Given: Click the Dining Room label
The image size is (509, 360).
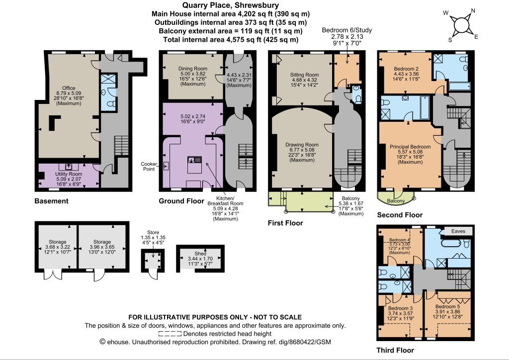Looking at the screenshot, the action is click(192, 69).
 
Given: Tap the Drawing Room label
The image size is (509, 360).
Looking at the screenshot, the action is click(302, 145).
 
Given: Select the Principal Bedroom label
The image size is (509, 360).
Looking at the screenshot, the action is click(410, 147).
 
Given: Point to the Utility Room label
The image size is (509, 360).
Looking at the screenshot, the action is click(69, 174).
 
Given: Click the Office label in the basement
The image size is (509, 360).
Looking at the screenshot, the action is click(69, 88).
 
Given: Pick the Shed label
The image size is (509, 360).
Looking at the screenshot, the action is click(200, 254).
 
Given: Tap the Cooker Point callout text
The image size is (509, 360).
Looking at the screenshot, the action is click(149, 167).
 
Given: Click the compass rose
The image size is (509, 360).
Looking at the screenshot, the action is click(460, 25).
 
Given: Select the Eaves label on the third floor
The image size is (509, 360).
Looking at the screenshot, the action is click(458, 231).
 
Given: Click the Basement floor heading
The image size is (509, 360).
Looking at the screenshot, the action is click(51, 201).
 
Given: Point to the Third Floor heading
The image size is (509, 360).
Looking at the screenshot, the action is click(395, 350).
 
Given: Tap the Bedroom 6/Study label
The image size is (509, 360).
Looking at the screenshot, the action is click(346, 30).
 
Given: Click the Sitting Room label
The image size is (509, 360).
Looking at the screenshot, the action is click(304, 75).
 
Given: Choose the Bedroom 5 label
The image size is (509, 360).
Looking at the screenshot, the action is click(448, 306).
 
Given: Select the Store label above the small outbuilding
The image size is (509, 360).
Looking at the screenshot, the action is click(153, 232).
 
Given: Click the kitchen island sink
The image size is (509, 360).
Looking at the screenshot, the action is click(194, 160).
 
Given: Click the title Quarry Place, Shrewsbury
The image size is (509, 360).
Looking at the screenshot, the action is click(230, 5).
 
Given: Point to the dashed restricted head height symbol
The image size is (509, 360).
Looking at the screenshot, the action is click(170, 334).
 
